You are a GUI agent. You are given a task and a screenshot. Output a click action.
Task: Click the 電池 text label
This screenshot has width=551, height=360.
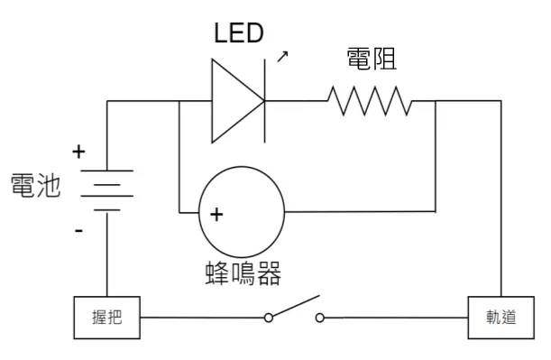pyautogui.click(x=36, y=187)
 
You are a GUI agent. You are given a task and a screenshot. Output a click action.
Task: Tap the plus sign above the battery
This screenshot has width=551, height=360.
pyautogui.click(x=78, y=152)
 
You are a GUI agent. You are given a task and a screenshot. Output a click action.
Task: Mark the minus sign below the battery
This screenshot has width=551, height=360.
pyautogui.click(x=78, y=232)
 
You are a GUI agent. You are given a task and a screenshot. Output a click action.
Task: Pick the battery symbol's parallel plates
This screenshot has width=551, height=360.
pyautogui.click(x=106, y=189)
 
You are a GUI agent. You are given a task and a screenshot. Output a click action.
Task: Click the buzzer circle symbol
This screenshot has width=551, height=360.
pyautogui.click(x=241, y=212)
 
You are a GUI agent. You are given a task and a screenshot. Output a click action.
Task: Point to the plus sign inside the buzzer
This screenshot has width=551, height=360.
pyautogui.click(x=216, y=215)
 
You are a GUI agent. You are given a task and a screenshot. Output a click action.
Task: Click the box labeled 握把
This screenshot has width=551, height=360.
pyautogui.click(x=106, y=318)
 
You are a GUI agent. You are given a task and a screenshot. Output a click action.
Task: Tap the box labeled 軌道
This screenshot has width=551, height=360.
pyautogui.click(x=500, y=318)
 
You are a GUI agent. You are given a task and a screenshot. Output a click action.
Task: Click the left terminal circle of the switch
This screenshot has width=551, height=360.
pyautogui.click(x=268, y=318)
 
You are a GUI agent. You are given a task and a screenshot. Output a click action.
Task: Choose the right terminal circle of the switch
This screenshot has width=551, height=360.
pyautogui.click(x=320, y=318)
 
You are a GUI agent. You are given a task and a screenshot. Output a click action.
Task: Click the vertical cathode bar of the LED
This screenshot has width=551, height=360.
pyautogui.click(x=264, y=101)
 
